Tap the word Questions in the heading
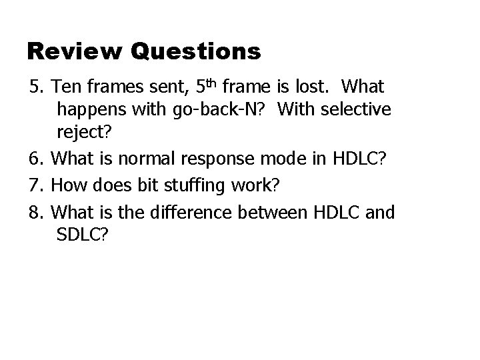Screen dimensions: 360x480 (195, 52)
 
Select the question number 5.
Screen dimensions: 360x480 (35, 87)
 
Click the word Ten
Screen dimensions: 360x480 (64, 87)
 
